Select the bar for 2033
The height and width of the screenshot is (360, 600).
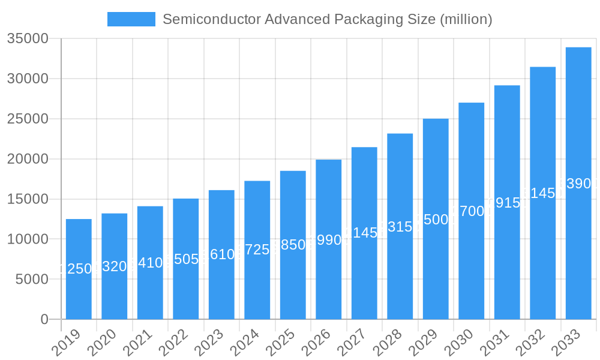click(578, 183)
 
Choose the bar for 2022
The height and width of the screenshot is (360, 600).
click(185, 259)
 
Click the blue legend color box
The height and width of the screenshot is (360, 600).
click(131, 19)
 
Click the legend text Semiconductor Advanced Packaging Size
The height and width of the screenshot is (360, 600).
click(327, 19)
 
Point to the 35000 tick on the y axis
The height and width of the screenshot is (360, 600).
click(27, 39)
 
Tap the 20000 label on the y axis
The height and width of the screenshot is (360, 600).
click(27, 159)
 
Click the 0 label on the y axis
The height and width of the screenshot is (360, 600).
click(44, 319)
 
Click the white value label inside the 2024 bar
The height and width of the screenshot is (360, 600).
click(257, 250)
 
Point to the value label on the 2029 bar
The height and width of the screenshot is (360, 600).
click(436, 219)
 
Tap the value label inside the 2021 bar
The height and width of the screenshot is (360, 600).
click(150, 263)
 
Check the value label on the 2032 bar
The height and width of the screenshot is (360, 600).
click(542, 193)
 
